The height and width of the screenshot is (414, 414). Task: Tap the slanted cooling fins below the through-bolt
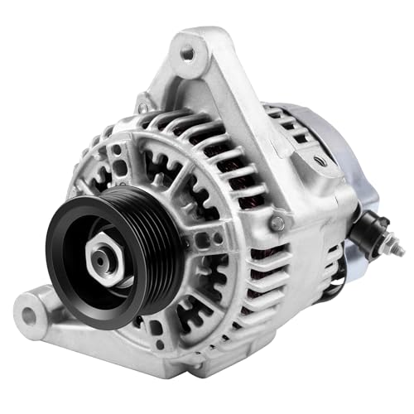click(x=273, y=273)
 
